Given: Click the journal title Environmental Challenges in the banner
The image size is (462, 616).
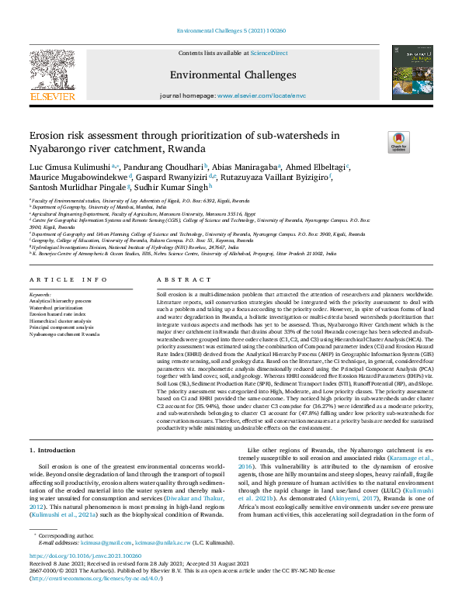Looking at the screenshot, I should pos(231,75).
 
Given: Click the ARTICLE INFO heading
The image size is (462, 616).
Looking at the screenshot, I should pos(69,279).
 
